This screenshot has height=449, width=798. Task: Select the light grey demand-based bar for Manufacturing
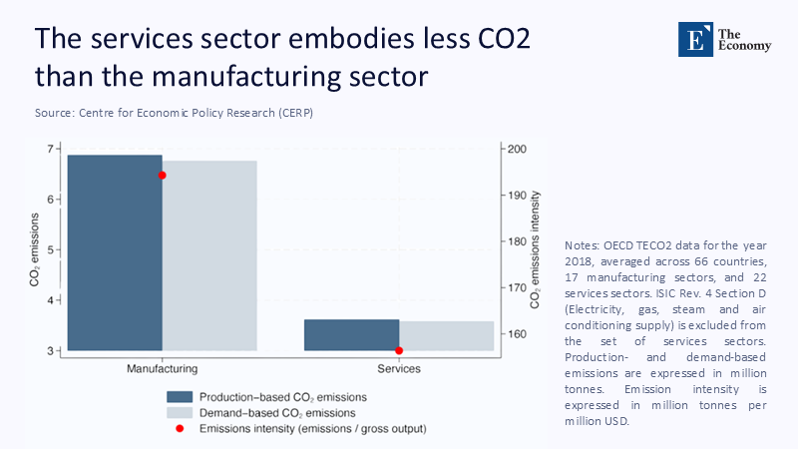click(x=209, y=255)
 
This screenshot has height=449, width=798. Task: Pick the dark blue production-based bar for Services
click(x=351, y=335)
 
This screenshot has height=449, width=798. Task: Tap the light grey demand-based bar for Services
click(x=446, y=336)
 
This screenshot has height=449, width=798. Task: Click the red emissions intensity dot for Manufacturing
click(x=163, y=175)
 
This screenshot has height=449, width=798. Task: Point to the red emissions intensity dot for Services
click(x=399, y=350)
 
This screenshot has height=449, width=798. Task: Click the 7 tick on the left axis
click(x=52, y=149)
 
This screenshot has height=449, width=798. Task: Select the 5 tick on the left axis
click(x=52, y=250)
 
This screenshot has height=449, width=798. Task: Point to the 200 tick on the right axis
click(x=519, y=149)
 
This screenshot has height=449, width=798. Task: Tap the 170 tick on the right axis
click(x=519, y=287)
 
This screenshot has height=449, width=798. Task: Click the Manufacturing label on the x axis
click(x=162, y=369)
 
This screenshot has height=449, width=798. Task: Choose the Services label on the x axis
click(x=399, y=369)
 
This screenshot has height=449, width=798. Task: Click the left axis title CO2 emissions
click(x=35, y=249)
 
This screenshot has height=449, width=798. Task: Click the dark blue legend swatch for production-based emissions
click(x=180, y=396)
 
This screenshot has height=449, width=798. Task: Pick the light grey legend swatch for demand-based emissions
click(x=180, y=412)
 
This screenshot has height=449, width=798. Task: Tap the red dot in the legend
click(x=180, y=428)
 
